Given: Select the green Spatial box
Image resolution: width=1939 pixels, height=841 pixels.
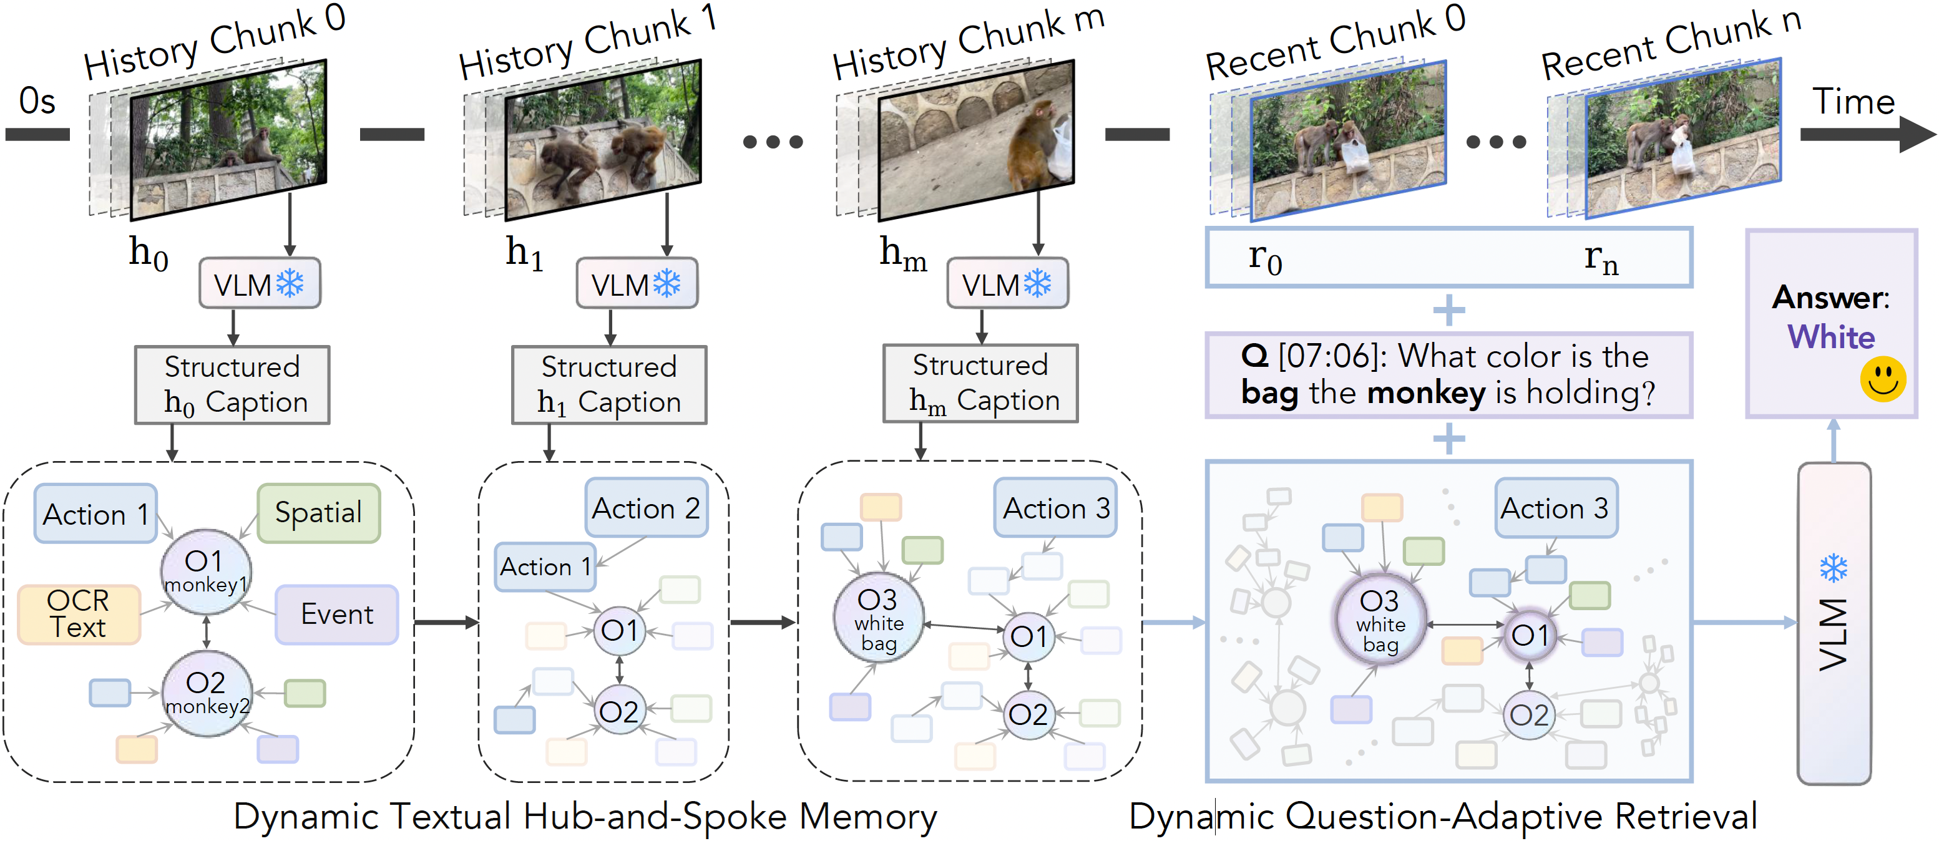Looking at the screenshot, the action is click(x=318, y=513).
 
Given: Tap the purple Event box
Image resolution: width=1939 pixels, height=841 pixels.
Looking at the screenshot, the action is click(x=336, y=615).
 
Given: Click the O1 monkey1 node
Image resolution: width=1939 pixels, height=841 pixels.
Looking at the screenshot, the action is click(x=205, y=571).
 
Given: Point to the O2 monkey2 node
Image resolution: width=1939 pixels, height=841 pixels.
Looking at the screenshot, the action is click(x=206, y=693).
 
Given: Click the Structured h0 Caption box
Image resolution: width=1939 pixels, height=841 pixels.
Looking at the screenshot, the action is click(x=232, y=385).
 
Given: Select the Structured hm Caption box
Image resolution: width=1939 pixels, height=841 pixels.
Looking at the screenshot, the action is click(x=980, y=384).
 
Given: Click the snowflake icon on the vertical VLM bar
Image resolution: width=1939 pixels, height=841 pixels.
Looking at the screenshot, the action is click(x=1833, y=568).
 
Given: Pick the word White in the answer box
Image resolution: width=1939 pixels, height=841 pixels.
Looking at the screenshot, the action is click(x=1830, y=337).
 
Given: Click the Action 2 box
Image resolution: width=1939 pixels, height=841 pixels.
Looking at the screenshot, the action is click(x=647, y=508).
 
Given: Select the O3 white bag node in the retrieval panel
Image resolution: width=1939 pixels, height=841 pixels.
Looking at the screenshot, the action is click(x=1379, y=621).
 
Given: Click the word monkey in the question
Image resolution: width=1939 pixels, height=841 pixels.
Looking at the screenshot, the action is click(x=1427, y=392).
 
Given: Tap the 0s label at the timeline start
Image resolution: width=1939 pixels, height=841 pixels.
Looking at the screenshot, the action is click(x=37, y=101).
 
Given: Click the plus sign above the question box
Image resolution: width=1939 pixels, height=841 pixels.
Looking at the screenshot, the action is click(x=1449, y=310).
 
